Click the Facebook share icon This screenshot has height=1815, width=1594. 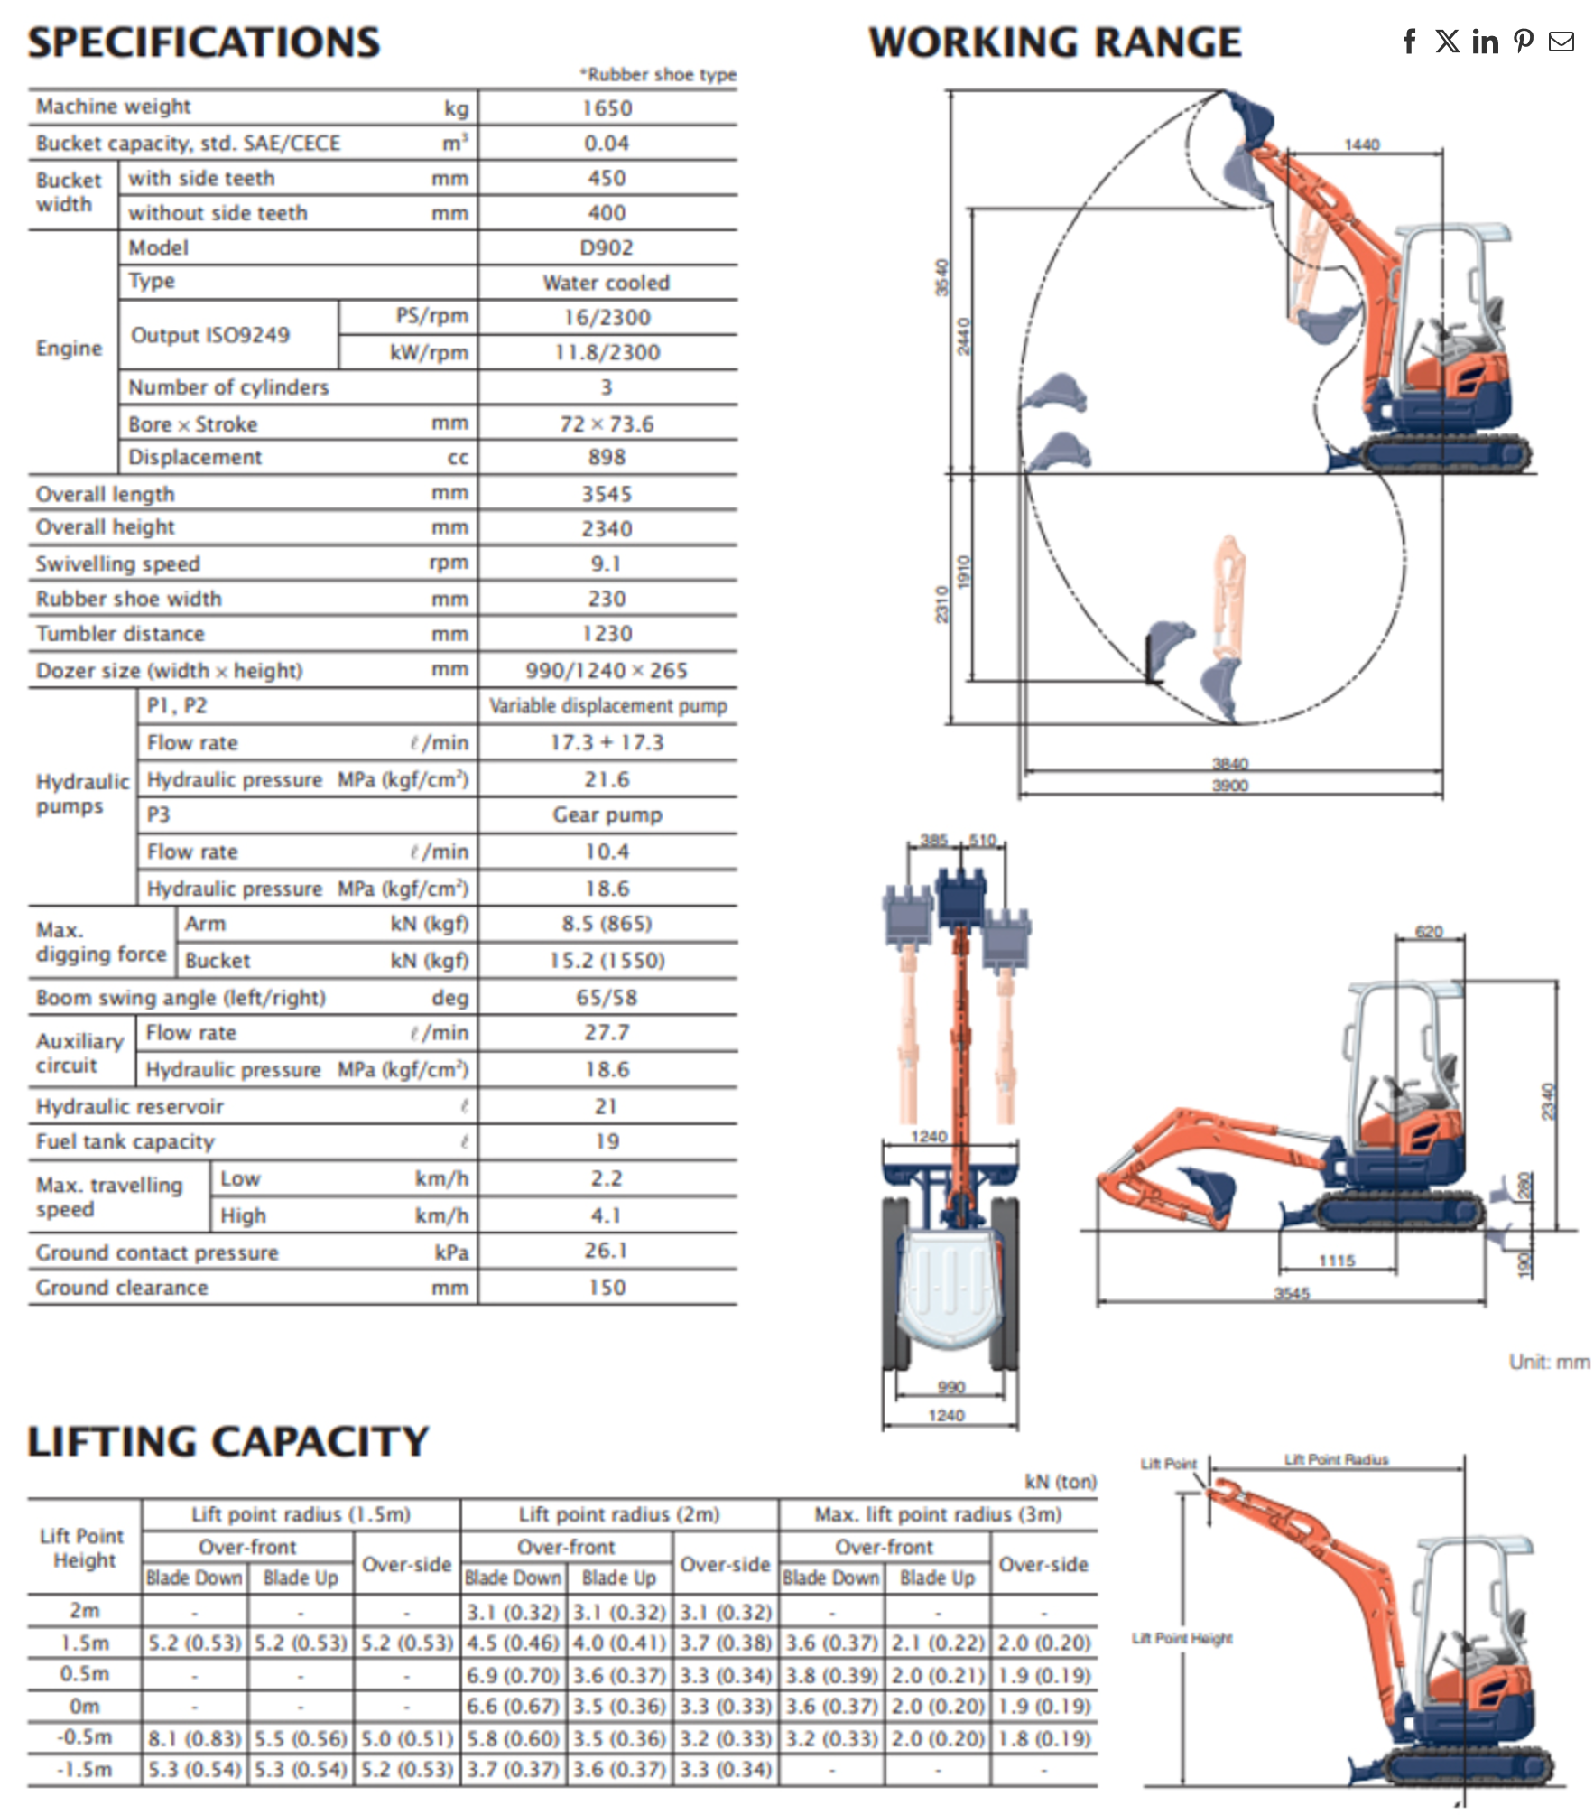[x=1409, y=42]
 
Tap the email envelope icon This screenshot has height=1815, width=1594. [x=1561, y=42]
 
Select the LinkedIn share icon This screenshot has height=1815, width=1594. [x=1485, y=42]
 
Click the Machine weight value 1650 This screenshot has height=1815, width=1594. [x=607, y=108]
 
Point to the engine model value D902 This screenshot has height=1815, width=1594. [x=607, y=248]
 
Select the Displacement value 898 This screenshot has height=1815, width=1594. [x=607, y=458]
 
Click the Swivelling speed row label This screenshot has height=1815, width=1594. [x=118, y=564]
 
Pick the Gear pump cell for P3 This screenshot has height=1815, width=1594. [x=607, y=815]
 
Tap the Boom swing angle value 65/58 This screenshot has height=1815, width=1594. [x=607, y=998]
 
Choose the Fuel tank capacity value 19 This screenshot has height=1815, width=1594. [x=607, y=1142]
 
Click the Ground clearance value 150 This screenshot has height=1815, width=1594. [x=607, y=1288]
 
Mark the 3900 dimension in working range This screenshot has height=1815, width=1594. [x=1229, y=786]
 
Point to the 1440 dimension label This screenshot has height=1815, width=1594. [x=1361, y=144]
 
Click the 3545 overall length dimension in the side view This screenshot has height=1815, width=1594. [x=1291, y=1293]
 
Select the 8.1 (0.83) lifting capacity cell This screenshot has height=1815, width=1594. [x=194, y=1738]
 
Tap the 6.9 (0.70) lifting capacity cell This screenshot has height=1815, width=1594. [x=512, y=1675]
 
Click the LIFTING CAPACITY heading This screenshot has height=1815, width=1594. [x=227, y=1441]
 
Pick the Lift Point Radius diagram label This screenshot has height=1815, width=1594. [x=1336, y=1459]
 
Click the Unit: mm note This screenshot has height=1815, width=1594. [x=1549, y=1362]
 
